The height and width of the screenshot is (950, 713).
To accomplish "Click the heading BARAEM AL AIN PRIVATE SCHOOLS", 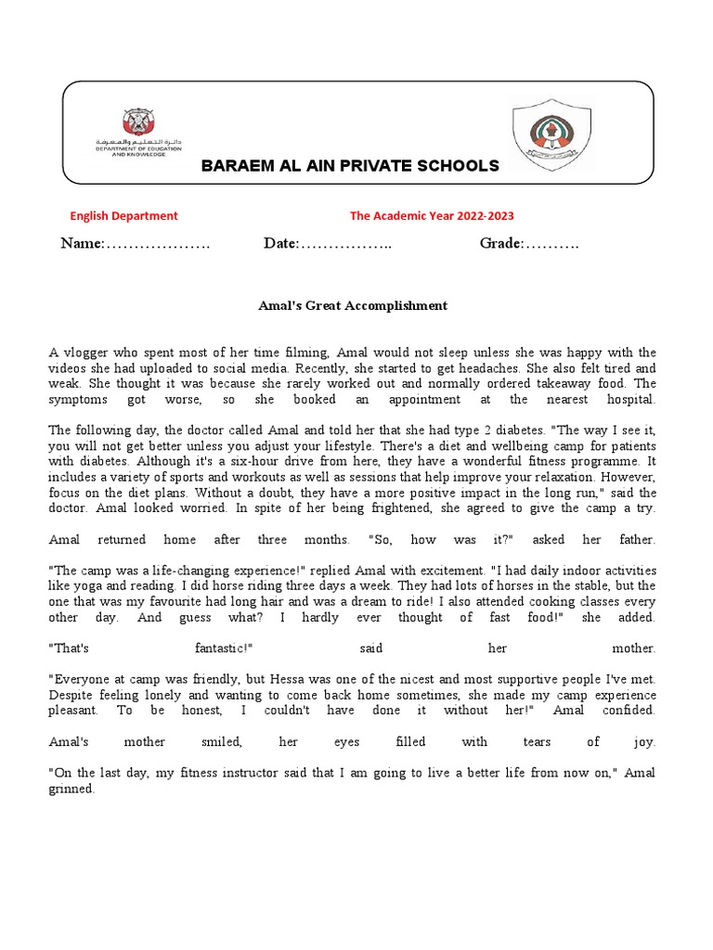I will [x=351, y=166].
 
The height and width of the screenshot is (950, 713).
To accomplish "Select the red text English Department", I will [x=124, y=216].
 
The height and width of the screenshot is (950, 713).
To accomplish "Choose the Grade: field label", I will [x=502, y=244].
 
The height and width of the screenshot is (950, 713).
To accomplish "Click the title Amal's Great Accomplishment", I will [x=352, y=305].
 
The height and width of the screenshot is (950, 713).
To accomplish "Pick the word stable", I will [x=525, y=586].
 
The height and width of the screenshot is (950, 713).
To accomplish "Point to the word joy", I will [x=644, y=742].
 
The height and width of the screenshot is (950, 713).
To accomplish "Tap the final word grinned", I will [x=71, y=789].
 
